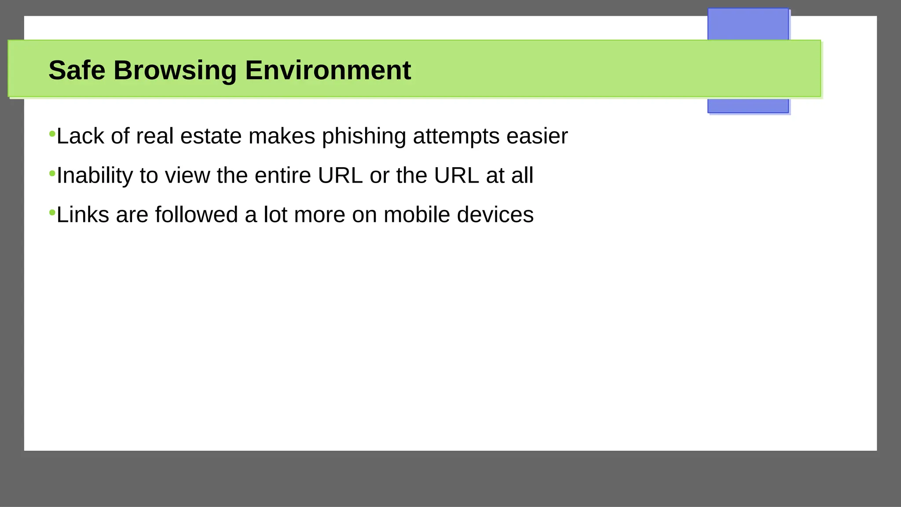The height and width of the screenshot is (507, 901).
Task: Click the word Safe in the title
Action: coord(77,70)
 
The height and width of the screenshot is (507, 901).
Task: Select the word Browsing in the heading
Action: coord(175,70)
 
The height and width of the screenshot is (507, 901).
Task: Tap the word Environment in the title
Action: coord(328,70)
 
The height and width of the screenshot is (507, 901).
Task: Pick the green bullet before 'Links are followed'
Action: coord(52,213)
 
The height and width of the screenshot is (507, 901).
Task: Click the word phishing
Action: coord(364,136)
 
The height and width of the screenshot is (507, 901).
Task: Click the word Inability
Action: coord(95,176)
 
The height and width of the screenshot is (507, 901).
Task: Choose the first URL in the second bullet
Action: coord(340,176)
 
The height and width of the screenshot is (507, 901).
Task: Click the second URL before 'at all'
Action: coord(456,176)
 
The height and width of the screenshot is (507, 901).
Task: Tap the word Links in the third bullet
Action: coord(83,215)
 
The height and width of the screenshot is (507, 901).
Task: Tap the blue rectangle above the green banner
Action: coord(748,24)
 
